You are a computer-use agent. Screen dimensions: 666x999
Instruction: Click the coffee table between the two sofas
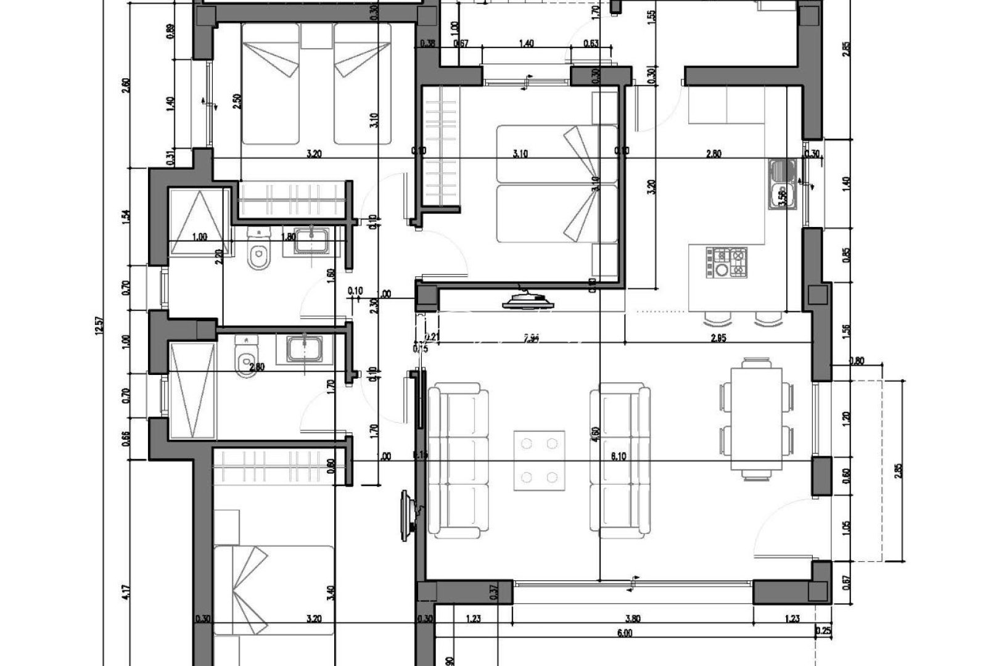(x=540, y=460)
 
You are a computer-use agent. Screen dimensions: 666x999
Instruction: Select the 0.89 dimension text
(x=171, y=31)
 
